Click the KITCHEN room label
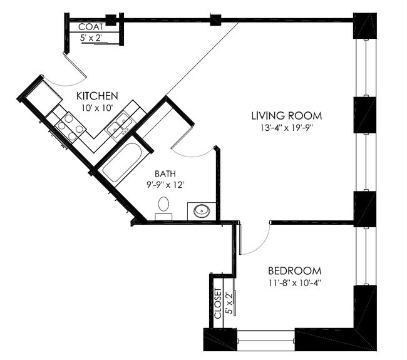[x=97, y=96]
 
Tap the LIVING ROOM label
[x=287, y=116]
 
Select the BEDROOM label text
[x=295, y=271]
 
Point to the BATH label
[x=165, y=173]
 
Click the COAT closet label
[x=91, y=27]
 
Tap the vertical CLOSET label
[x=218, y=304]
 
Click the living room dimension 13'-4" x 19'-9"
[x=287, y=128]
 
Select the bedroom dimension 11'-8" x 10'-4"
[x=295, y=282]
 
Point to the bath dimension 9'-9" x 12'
[x=165, y=185]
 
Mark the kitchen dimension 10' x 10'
[x=97, y=108]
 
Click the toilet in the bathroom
[x=163, y=208]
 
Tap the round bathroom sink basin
[x=202, y=211]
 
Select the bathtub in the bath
[x=121, y=163]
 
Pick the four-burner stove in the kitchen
[x=70, y=127]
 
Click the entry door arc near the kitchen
[x=67, y=83]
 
